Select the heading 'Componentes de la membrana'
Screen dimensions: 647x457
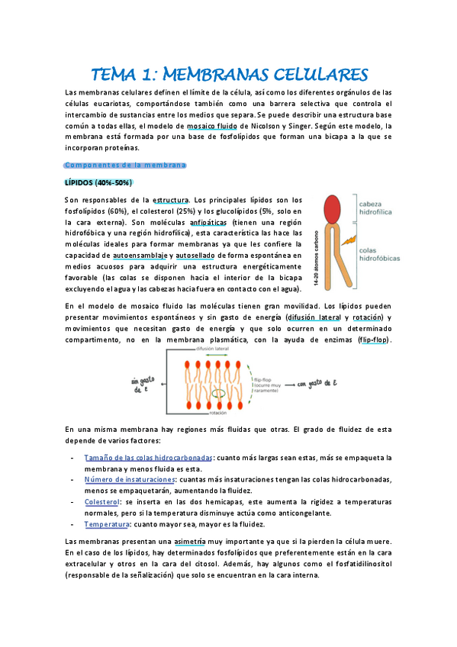[x=126, y=165]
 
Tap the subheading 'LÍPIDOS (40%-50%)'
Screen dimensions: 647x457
[x=98, y=183]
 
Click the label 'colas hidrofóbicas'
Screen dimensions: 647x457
[x=383, y=253]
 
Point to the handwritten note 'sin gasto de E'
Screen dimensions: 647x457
[x=143, y=383]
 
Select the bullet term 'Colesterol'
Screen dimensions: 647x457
[x=102, y=503]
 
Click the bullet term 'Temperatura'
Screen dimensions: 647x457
[x=106, y=525]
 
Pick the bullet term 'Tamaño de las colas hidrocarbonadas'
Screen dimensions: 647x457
[x=149, y=458]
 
